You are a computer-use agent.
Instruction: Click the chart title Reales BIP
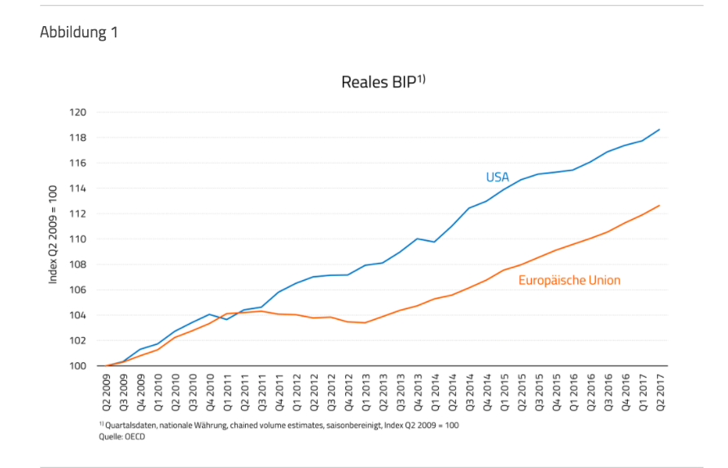click(x=380, y=82)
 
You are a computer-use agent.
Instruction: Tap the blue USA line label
click(x=497, y=177)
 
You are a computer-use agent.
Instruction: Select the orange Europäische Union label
click(x=569, y=281)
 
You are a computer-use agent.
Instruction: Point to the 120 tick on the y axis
click(x=80, y=112)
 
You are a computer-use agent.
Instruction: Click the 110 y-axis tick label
click(x=80, y=239)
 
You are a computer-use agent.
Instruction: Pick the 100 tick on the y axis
click(x=80, y=366)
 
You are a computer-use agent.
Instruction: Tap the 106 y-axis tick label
click(x=80, y=290)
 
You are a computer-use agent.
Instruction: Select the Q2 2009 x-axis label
click(x=107, y=394)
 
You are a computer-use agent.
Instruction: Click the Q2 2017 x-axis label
click(x=660, y=394)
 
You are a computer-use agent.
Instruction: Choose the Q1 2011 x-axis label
click(x=228, y=394)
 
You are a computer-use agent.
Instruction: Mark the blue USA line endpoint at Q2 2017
click(x=660, y=129)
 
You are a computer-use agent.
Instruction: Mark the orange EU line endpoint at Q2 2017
click(x=660, y=205)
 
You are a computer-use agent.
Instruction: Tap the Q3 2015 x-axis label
click(x=539, y=394)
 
